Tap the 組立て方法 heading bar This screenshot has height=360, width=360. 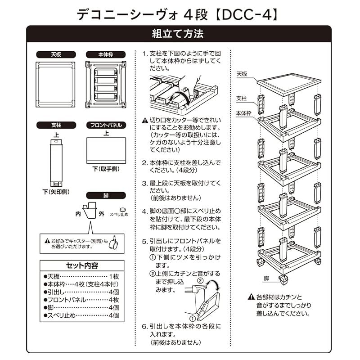point(179,34)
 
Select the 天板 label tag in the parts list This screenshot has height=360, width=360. point(56,54)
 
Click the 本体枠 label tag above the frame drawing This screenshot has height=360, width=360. point(105,54)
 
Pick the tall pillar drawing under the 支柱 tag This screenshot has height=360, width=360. point(56,162)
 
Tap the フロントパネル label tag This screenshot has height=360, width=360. point(105,125)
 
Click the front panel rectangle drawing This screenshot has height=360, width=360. point(105,151)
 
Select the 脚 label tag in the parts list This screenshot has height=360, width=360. point(105,196)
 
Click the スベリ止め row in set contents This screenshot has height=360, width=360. point(81,315)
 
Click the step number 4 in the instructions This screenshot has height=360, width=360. point(144,211)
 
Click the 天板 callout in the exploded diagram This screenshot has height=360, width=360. point(241,74)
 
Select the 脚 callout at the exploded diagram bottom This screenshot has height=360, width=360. point(266,278)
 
